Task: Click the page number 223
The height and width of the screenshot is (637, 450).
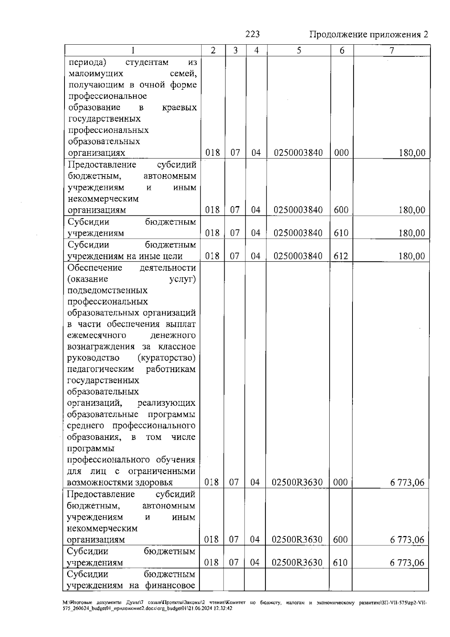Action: click(252, 35)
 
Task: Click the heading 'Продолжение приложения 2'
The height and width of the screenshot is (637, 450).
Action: click(368, 35)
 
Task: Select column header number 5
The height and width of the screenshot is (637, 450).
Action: click(298, 51)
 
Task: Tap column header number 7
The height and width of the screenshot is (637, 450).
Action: click(391, 51)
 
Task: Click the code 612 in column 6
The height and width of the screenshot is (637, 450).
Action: click(341, 256)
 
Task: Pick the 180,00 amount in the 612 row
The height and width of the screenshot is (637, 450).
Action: click(412, 256)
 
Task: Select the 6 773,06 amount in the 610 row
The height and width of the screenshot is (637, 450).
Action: click(407, 563)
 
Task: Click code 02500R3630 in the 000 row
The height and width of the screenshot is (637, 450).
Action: click(297, 482)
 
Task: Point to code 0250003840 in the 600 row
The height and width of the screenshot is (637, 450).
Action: click(298, 210)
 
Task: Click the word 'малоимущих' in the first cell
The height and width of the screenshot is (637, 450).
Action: click(96, 74)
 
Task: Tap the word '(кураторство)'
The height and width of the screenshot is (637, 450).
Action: click(166, 358)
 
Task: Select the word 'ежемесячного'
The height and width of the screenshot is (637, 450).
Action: click(97, 335)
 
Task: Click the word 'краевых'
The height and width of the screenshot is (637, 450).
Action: click(179, 108)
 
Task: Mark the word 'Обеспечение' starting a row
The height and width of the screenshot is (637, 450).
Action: click(95, 268)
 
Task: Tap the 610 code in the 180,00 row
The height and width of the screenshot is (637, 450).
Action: click(341, 233)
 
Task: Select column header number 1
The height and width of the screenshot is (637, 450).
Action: click(133, 51)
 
